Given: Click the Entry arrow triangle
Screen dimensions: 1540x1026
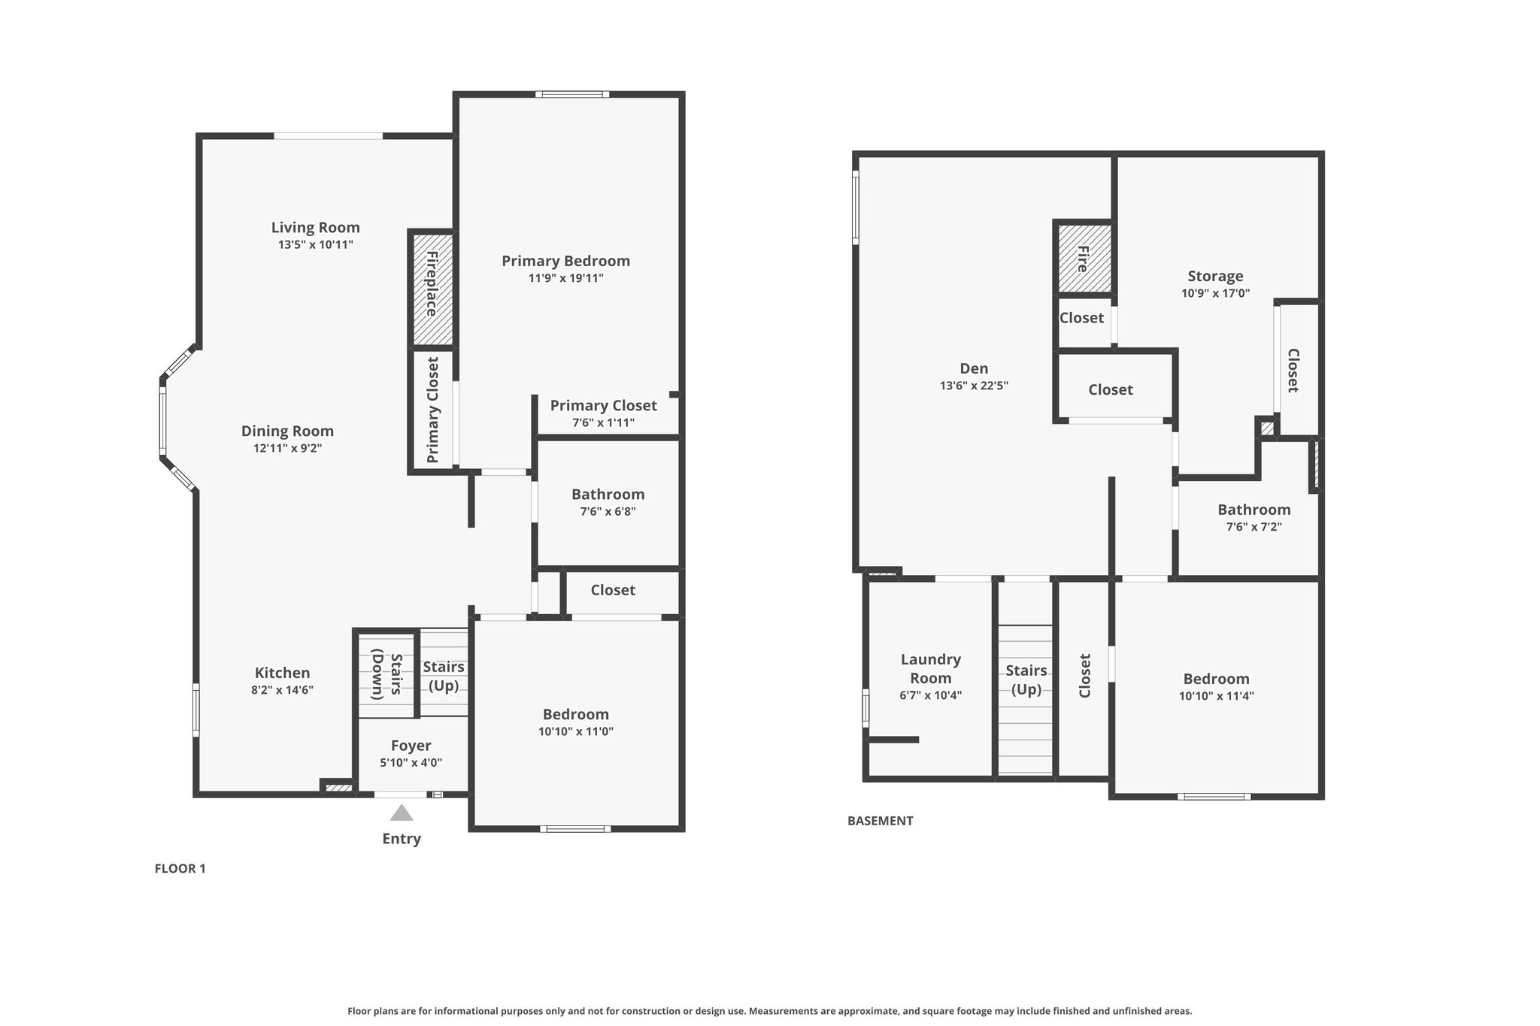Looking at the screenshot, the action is coord(402,813).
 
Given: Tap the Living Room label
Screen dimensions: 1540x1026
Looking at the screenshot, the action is coord(316,227).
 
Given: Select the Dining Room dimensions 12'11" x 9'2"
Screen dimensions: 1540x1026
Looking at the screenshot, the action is coord(287,448).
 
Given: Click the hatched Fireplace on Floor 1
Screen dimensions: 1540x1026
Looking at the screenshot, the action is coord(432,289).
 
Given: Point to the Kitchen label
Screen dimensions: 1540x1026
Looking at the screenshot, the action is coord(282,673).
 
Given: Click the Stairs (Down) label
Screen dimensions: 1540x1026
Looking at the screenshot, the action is coord(387,675).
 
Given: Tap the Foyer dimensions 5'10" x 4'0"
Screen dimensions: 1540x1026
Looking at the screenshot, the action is coord(411,762).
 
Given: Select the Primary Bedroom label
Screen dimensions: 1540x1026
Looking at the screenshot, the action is coord(566,261).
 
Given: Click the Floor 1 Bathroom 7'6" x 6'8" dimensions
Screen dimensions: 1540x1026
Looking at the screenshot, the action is coord(608,511).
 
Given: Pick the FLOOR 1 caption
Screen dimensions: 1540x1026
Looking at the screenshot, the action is coord(180,868).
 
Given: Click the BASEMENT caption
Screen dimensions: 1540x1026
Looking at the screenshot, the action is coord(880,821).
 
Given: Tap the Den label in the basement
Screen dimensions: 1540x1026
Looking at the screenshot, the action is coord(974,368).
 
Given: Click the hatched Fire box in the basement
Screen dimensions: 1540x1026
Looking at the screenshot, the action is coord(1084,259).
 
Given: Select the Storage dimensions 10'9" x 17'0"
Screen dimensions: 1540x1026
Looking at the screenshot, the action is coord(1215,293).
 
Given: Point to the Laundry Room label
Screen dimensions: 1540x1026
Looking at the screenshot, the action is coord(931,668).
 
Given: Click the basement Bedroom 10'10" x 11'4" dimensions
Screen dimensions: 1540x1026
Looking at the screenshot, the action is coord(1216,696).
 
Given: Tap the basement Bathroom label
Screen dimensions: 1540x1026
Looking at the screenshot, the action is coord(1254,510).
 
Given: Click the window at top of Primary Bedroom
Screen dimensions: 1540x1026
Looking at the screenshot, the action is coord(572,94).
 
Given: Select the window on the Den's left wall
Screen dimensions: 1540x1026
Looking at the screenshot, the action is coord(856,207).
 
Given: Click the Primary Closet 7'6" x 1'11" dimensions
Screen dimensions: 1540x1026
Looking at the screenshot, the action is coord(603,422).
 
